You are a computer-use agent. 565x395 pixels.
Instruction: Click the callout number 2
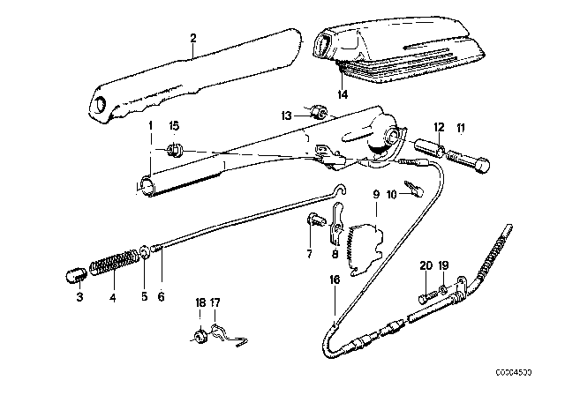point(192,38)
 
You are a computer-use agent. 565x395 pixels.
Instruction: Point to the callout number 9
point(375,194)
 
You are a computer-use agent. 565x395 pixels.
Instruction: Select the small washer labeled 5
point(144,256)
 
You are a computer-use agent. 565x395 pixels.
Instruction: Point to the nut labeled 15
point(174,150)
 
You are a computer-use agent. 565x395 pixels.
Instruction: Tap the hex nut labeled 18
point(199,334)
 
